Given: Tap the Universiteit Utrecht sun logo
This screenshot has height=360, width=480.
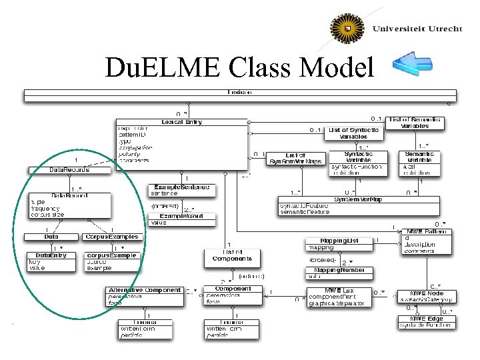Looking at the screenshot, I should (348, 31).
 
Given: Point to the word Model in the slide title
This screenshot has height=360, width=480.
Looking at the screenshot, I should (339, 67).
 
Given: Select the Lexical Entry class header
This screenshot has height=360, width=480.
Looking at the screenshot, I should (181, 122).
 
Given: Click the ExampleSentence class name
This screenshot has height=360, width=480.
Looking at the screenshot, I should (181, 187).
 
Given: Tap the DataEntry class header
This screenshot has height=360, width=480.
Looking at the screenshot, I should (51, 255).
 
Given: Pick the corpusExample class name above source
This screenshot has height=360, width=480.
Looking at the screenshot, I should (111, 255).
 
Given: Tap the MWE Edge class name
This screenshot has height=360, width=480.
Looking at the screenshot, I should (426, 319).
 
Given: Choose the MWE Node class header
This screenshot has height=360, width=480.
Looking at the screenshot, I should (427, 293).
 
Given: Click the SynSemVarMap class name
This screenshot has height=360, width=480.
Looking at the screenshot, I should (359, 199).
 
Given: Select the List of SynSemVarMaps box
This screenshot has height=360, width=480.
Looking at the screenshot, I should (295, 158).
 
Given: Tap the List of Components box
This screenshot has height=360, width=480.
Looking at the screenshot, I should (232, 255).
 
